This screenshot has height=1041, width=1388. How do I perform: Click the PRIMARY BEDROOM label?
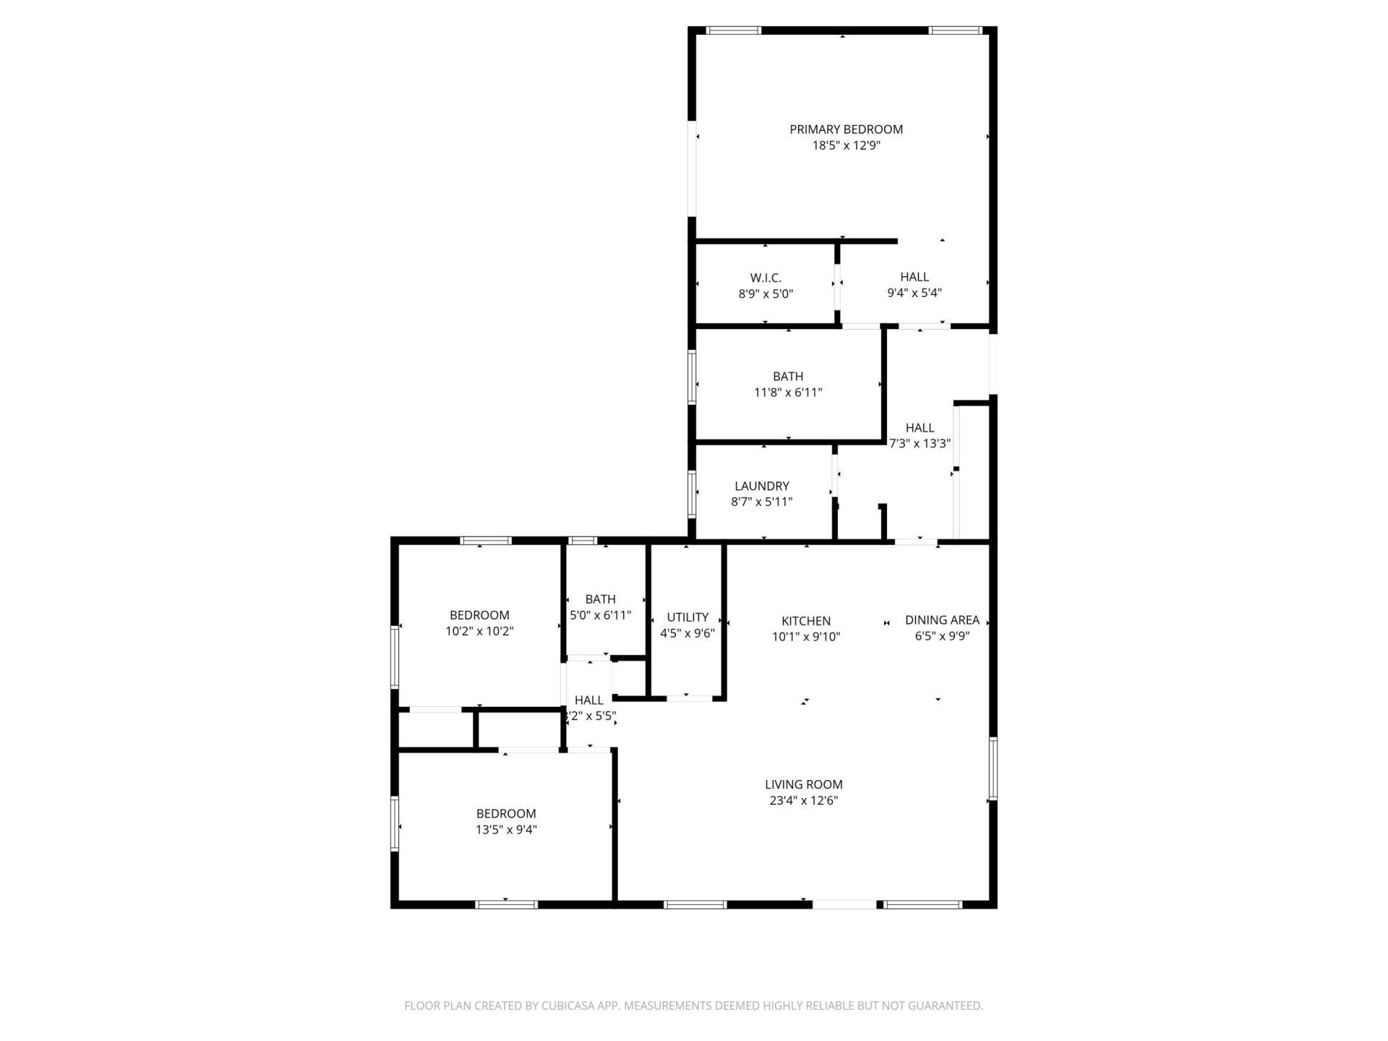[x=846, y=129]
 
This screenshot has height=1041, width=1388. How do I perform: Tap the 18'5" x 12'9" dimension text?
[x=846, y=145]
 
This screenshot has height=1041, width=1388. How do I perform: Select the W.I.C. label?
[x=766, y=278]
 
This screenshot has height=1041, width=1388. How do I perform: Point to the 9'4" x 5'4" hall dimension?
[x=914, y=293]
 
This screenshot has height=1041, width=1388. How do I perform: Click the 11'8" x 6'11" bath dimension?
[x=788, y=393]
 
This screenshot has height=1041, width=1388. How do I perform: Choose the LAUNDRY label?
[x=762, y=486]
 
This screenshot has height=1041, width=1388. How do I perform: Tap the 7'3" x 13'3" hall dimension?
[x=920, y=443]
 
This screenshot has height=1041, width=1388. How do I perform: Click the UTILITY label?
[x=687, y=617]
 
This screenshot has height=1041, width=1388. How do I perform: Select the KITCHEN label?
[x=806, y=621]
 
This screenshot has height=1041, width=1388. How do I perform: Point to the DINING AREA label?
[x=942, y=620]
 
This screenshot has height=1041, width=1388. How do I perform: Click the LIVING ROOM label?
[x=804, y=784]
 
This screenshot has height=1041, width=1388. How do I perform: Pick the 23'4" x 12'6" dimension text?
[x=804, y=800]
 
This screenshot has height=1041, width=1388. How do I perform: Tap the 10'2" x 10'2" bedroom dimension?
[x=479, y=631]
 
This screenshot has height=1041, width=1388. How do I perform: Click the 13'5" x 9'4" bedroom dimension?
[x=506, y=830]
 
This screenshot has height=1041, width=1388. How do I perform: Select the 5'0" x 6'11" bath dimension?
[x=600, y=615]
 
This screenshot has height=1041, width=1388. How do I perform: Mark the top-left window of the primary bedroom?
[x=733, y=30]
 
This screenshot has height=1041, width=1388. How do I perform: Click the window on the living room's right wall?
[x=993, y=768]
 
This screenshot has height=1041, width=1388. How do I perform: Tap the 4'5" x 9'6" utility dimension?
[x=687, y=633]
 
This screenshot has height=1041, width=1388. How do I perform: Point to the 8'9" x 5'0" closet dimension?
[x=766, y=294]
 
